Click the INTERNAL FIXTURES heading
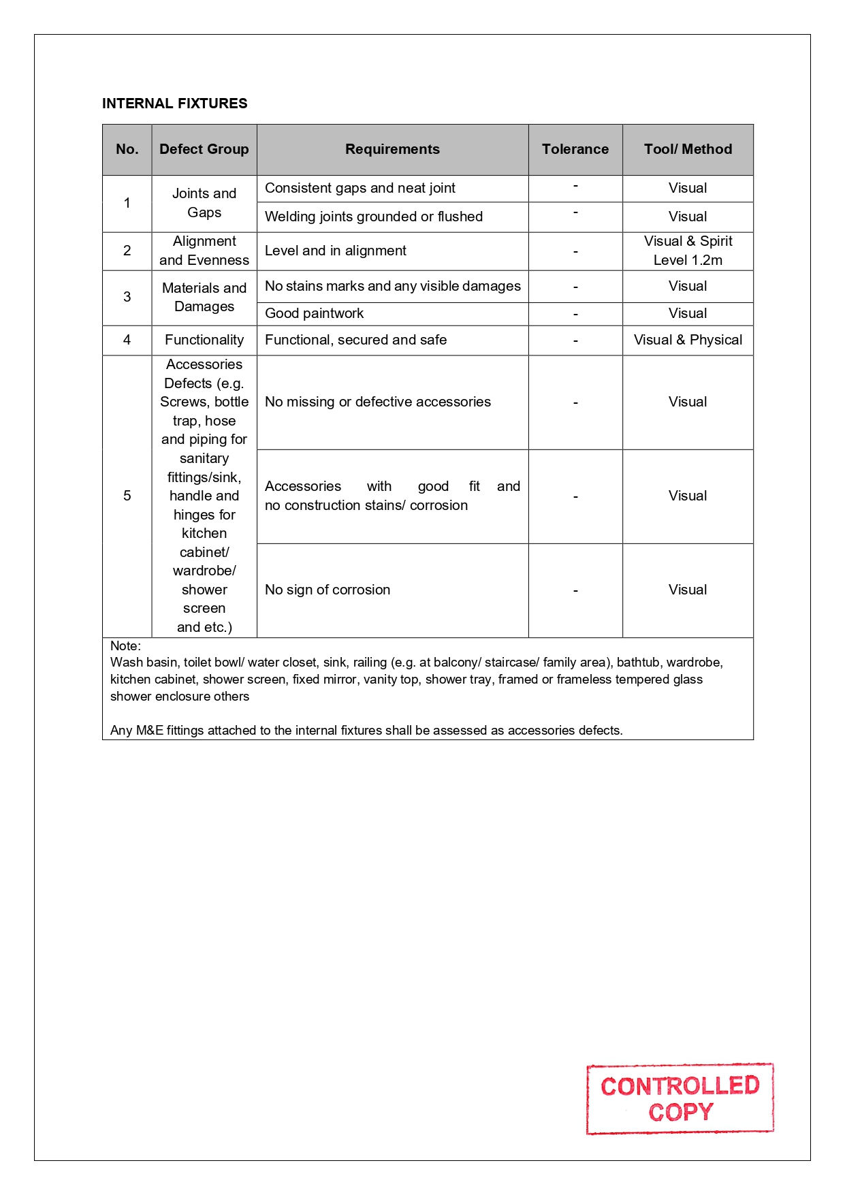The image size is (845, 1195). click(174, 103)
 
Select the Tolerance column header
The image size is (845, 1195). click(575, 149)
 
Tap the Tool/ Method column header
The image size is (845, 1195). click(688, 149)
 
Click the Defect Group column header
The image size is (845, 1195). click(204, 149)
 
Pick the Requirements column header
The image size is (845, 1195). click(392, 149)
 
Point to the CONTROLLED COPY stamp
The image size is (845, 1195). click(680, 1098)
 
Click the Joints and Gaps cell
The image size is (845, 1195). click(204, 203)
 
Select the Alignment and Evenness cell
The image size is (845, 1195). click(204, 251)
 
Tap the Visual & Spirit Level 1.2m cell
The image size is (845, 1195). click(688, 251)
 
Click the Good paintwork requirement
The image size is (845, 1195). click(314, 313)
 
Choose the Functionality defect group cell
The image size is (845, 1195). click(204, 340)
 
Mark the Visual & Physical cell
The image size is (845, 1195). click(688, 340)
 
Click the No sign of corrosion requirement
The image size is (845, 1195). click(328, 590)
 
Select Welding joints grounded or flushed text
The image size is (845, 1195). click(373, 217)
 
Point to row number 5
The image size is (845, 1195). click(127, 496)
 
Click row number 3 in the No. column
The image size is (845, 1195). click(127, 297)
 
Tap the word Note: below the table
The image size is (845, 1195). click(125, 646)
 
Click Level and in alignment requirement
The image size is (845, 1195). click(335, 251)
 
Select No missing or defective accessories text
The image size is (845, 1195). click(377, 402)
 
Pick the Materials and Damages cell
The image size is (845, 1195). click(204, 297)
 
